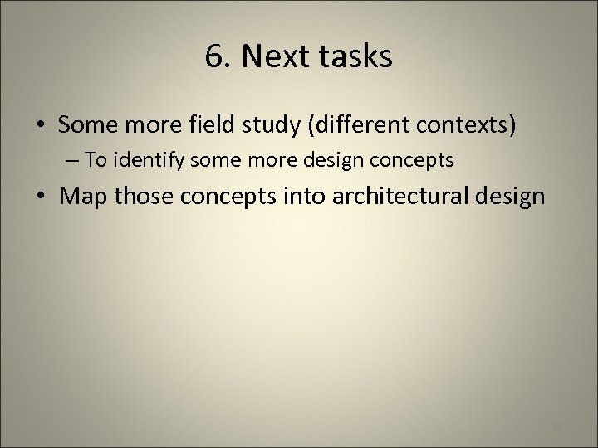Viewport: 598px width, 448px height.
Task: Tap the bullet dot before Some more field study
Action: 41,125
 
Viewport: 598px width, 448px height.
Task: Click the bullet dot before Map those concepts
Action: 41,197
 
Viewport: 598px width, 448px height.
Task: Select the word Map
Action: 82,197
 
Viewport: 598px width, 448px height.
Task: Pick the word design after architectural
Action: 508,197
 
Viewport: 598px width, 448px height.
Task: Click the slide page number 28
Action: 556,427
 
